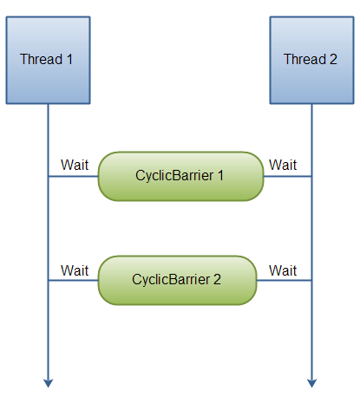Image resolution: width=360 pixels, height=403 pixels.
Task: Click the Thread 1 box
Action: [47, 59]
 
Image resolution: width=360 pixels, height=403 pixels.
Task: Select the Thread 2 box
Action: [311, 59]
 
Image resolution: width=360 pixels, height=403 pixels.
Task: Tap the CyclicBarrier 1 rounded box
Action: [180, 176]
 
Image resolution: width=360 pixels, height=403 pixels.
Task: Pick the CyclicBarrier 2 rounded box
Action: [177, 280]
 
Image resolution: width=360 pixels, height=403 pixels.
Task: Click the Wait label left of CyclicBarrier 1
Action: [75, 164]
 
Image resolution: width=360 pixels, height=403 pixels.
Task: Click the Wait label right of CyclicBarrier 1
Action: [283, 164]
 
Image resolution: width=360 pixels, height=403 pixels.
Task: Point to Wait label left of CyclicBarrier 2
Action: [75, 270]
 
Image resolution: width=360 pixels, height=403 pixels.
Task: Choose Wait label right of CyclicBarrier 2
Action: [283, 270]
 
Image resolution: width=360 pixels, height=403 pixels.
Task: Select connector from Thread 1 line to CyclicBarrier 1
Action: [73, 176]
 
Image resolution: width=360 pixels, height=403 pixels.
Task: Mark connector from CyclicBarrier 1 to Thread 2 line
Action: [287, 176]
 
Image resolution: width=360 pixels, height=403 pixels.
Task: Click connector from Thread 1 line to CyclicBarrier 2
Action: [73, 281]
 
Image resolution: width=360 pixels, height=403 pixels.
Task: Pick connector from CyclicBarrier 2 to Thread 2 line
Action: [284, 281]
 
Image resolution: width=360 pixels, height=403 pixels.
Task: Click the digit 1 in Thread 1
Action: [69, 60]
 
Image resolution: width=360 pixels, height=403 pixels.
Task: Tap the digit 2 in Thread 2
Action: [332, 60]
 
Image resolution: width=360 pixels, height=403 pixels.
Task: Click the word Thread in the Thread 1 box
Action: [41, 60]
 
